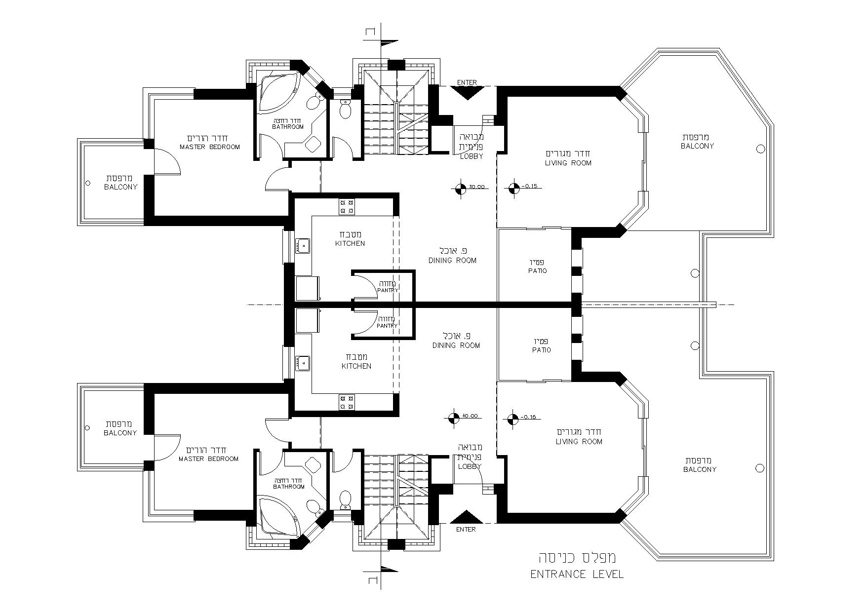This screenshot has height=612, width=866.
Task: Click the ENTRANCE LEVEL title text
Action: [x=577, y=574]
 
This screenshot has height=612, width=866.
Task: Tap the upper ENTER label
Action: [x=467, y=82]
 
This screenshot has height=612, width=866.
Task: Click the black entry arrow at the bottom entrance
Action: [x=467, y=517]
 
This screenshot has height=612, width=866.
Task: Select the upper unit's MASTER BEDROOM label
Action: [x=210, y=147]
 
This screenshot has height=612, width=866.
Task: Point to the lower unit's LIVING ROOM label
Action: [x=579, y=442]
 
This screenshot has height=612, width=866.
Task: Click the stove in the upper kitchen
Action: [x=347, y=206]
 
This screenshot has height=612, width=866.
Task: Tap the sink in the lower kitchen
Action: [x=303, y=363]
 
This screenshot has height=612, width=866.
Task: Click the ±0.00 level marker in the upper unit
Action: [x=460, y=188]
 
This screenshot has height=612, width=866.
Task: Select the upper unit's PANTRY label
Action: [x=388, y=290]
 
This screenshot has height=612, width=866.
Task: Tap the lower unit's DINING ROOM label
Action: [x=456, y=345]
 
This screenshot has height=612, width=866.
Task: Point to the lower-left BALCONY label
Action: [x=120, y=433]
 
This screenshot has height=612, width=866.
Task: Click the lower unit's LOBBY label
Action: [x=470, y=466]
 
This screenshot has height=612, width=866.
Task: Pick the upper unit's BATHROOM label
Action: [x=288, y=127]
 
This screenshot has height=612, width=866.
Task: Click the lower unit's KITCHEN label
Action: [x=356, y=366]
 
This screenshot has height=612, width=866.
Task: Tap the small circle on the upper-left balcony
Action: [x=88, y=183]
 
